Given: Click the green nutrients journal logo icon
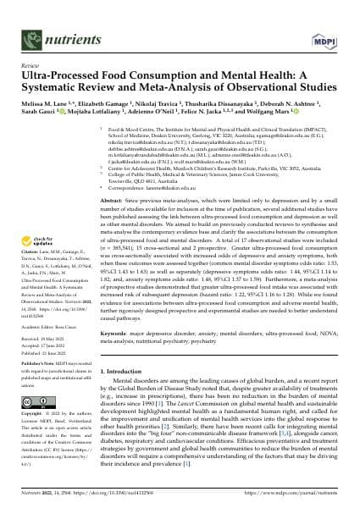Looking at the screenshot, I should coord(32,19).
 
